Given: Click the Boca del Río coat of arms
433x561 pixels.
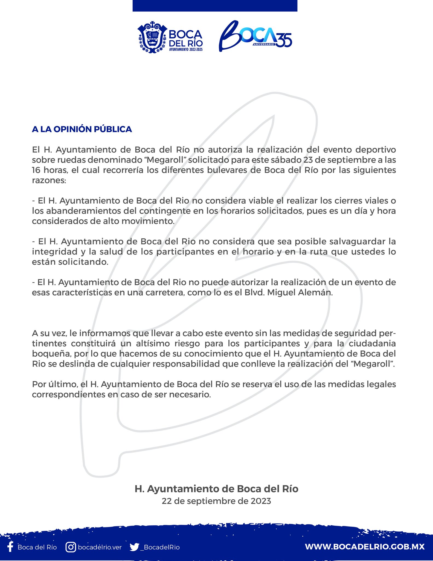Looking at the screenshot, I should coord(152,37).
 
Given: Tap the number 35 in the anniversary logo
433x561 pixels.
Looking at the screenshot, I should coord(284,40).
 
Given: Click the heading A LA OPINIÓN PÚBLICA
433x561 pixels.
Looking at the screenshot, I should coord(82,129).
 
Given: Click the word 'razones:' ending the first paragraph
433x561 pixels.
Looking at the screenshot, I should coord(49,180).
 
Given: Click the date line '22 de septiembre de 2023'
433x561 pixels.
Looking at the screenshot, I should coord(216,501).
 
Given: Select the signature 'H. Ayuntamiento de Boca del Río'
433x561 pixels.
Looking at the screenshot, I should coord(216,489).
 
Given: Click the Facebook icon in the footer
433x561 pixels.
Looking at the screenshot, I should coord(10,547).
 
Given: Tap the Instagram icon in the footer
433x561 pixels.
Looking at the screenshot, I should coord(71,547).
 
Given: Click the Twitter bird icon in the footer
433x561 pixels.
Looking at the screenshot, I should coord(134,547).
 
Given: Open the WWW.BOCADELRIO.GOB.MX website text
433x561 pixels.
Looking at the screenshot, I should coord(365,547).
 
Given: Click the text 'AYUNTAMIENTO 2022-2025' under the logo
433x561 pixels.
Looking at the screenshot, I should coord(186,50).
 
